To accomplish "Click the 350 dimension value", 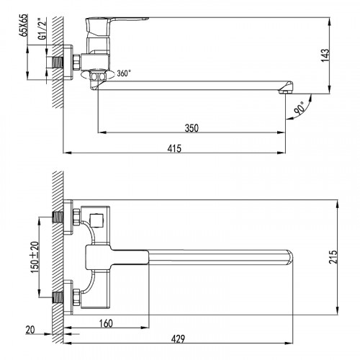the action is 192,128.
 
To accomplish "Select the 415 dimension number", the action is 174,148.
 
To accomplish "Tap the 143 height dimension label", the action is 325,55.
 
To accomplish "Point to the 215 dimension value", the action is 333,257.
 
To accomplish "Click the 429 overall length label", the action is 178,339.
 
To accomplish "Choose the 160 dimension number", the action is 106,323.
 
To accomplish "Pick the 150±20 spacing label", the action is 35,257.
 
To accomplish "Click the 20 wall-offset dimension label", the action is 30,330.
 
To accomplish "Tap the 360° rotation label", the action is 124,73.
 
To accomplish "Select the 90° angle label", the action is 300,108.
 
